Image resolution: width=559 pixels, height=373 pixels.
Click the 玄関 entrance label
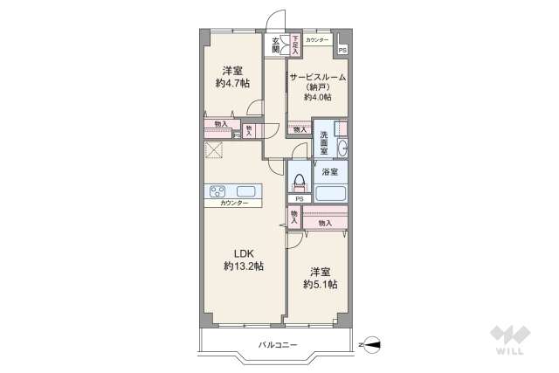point(276,45)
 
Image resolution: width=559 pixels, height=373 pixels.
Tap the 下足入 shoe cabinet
point(296,44)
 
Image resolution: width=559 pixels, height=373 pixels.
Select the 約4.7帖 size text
point(232,84)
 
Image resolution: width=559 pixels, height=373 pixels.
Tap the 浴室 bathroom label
point(330,172)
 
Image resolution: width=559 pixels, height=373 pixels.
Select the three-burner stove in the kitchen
point(217,191)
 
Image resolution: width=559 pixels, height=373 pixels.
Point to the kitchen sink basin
point(245,191)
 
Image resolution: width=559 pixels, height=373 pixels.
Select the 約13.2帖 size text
point(243,266)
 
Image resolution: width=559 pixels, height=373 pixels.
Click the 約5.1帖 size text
point(321,285)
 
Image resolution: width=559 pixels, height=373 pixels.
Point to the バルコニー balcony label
point(278,345)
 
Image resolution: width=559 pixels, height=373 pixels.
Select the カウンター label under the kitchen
point(234,204)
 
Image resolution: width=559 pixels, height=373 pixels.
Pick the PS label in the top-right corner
point(342,50)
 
